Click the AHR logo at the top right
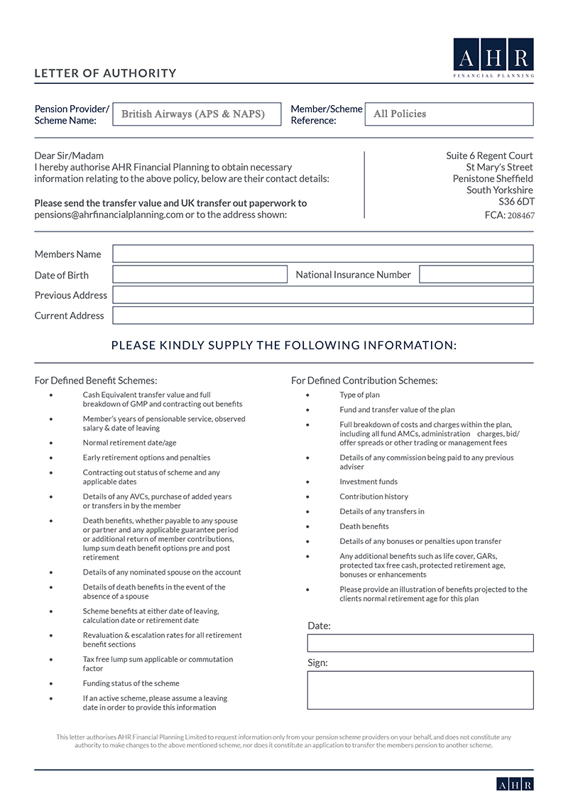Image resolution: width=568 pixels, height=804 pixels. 493,58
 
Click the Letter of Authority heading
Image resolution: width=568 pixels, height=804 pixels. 105,73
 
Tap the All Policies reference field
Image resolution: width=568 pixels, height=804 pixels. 449,114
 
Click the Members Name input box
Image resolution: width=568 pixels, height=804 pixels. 322,254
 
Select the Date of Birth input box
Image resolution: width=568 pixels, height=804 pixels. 200,275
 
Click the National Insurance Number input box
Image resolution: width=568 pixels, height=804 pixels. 476,274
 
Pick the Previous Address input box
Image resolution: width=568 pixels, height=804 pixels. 322,295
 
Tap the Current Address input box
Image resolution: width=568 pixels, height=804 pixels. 322,315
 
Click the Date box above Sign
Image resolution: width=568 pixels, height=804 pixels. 420,643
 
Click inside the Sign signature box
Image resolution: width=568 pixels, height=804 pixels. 420,690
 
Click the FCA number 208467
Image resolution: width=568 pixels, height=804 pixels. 520,215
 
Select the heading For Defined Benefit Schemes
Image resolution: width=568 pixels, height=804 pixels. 96,381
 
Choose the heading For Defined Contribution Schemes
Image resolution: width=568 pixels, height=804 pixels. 364,381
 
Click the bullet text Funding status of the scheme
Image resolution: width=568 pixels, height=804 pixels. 131,683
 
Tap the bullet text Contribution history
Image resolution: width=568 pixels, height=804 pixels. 373,496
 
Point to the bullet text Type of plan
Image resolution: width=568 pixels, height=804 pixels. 359,395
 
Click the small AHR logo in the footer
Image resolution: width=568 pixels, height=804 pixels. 515,784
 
